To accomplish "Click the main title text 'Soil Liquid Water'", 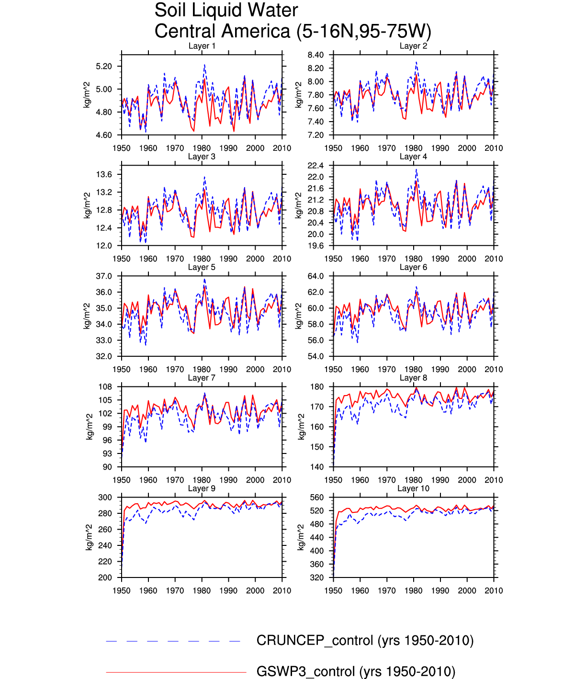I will coord(226,11).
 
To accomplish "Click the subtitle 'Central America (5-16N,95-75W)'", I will coord(293,32).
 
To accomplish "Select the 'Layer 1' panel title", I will coord(202,46).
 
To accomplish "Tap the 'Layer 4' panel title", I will coord(413,157).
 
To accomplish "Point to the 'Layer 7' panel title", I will coord(202,378).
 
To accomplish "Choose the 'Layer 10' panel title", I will coord(413,488).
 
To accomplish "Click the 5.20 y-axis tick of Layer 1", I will coord(104,66).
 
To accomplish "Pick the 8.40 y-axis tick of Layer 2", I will coord(316,55).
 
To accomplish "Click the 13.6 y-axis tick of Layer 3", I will coord(104,174).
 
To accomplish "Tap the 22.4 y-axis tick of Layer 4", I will coord(316,166).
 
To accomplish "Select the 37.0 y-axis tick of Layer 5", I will coord(104,276).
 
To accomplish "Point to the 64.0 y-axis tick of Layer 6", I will coord(316,276).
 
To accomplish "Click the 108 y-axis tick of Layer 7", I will coord(105,387).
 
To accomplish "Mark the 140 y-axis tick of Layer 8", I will coord(317,467).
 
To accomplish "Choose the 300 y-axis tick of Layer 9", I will coord(105,498).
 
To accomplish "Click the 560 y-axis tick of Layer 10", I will coord(317,498).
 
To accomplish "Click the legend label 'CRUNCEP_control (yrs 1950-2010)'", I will coord(365,641).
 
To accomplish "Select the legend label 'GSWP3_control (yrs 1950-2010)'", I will coord(356,672).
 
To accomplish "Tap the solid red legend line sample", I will coord(176,672).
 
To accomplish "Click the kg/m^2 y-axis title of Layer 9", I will coord(89,537).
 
